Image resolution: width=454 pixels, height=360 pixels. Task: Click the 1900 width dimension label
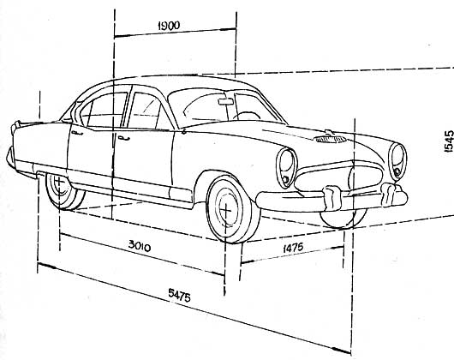[169, 26]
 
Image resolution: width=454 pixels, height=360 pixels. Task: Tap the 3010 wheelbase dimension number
[140, 246]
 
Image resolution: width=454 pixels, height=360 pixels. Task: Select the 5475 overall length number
[180, 295]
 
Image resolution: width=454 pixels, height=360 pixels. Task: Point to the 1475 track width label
[293, 248]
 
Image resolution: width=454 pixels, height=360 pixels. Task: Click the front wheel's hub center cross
[226, 209]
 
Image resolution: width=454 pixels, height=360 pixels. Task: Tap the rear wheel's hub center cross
[59, 183]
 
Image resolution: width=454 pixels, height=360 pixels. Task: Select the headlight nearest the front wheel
[286, 168]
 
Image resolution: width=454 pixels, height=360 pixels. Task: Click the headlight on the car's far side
[397, 162]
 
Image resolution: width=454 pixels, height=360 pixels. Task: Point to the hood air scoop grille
[330, 140]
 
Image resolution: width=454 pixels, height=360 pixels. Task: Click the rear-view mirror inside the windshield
[226, 101]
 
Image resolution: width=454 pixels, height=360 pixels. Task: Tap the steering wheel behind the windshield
[247, 116]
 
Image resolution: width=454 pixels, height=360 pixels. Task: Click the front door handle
[123, 138]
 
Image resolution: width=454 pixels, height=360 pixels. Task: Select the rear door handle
[77, 133]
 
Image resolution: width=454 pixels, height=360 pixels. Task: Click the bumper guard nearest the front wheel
[332, 197]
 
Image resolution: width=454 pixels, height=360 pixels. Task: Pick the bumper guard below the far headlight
[389, 195]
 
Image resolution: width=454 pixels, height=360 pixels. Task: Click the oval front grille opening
[338, 176]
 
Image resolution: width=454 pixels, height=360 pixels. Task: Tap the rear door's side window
[105, 111]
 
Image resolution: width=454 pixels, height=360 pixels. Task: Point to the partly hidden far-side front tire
[343, 220]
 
